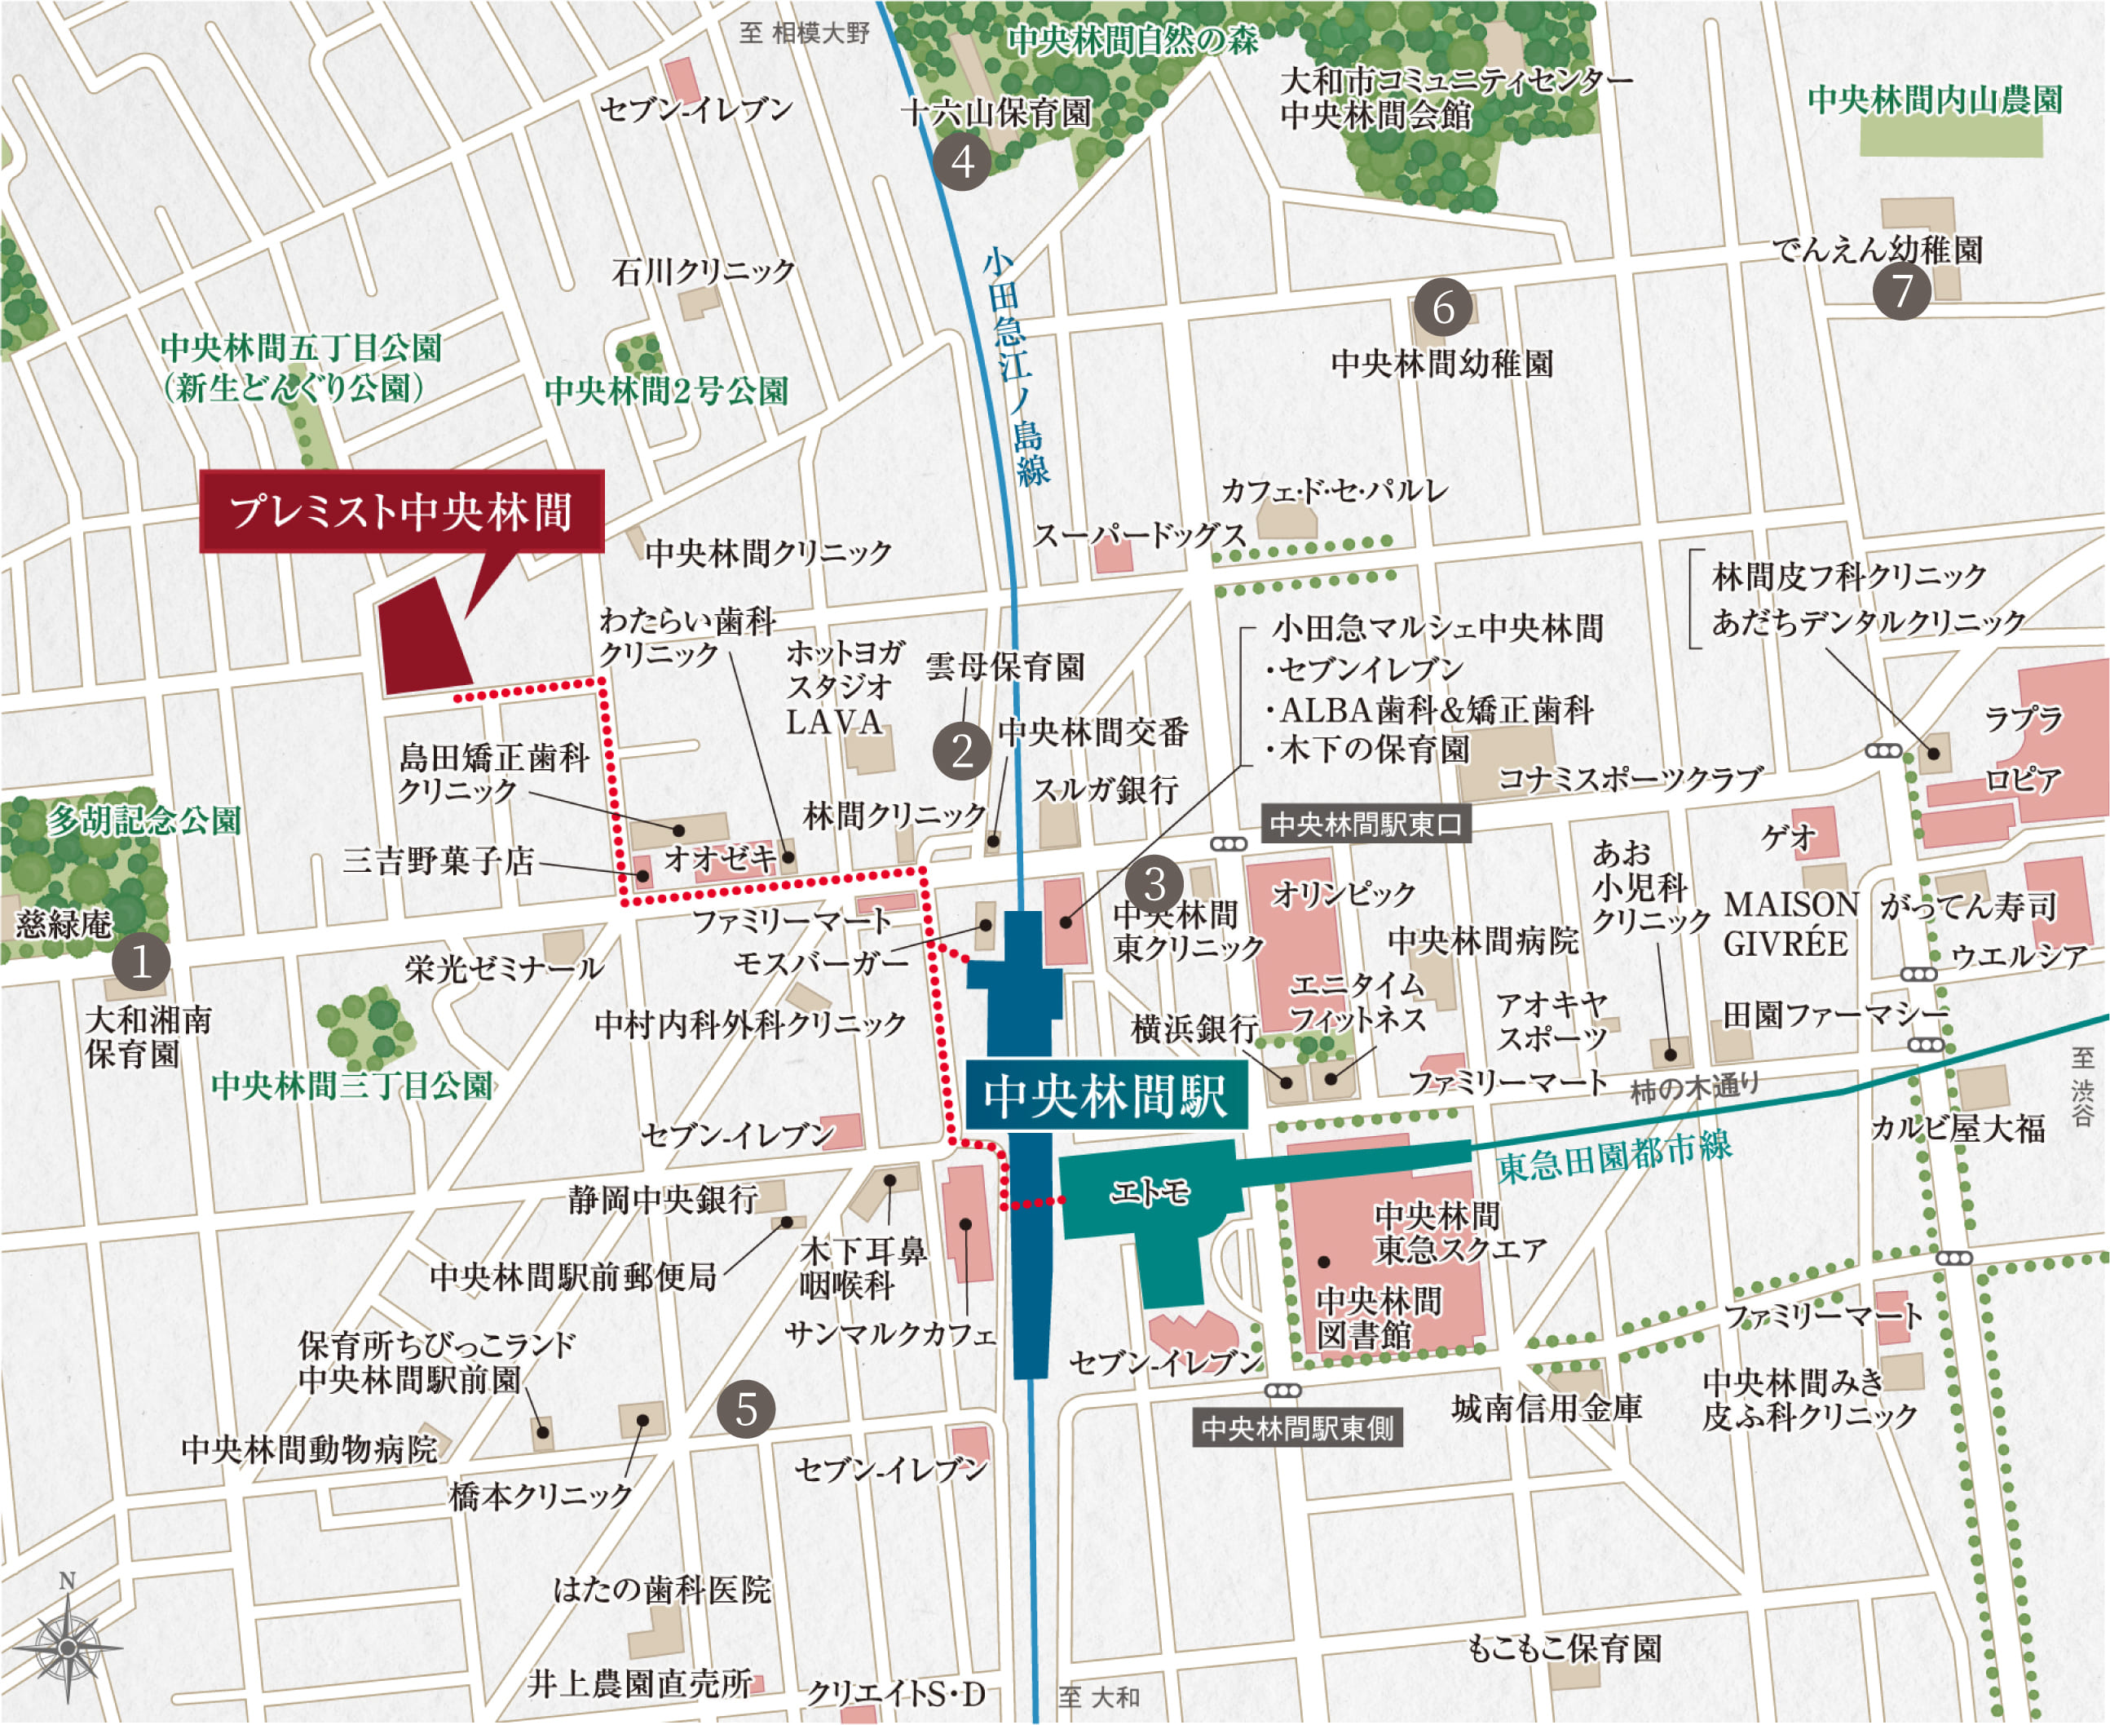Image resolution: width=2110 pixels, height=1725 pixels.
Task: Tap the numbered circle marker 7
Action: tap(1901, 291)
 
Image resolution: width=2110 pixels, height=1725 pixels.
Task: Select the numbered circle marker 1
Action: tap(141, 962)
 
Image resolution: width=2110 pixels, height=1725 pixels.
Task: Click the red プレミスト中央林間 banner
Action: tap(402, 511)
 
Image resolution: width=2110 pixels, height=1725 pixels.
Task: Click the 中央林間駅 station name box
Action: tap(1106, 1095)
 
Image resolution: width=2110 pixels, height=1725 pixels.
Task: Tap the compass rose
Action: tap(68, 1647)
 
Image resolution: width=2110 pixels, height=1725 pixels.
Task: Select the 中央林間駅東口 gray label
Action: tap(1365, 824)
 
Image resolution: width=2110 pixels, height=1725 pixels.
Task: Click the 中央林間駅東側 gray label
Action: tap(1296, 1428)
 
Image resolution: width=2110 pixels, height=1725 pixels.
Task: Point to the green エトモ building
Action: tap(1150, 1191)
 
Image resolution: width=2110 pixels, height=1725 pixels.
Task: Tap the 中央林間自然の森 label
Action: tap(1132, 40)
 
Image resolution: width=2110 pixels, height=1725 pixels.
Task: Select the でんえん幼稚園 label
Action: tap(1877, 250)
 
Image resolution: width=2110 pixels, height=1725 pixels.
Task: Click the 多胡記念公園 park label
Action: tap(145, 820)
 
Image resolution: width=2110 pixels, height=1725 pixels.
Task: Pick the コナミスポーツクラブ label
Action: tap(1630, 778)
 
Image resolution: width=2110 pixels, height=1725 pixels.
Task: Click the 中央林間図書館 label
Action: tap(1378, 1317)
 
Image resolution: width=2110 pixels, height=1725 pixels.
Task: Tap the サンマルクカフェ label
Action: tap(890, 1334)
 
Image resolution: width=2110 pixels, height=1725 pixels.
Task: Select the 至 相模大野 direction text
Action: tap(804, 33)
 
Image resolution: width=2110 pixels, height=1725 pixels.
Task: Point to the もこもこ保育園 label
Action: tap(1565, 1648)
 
